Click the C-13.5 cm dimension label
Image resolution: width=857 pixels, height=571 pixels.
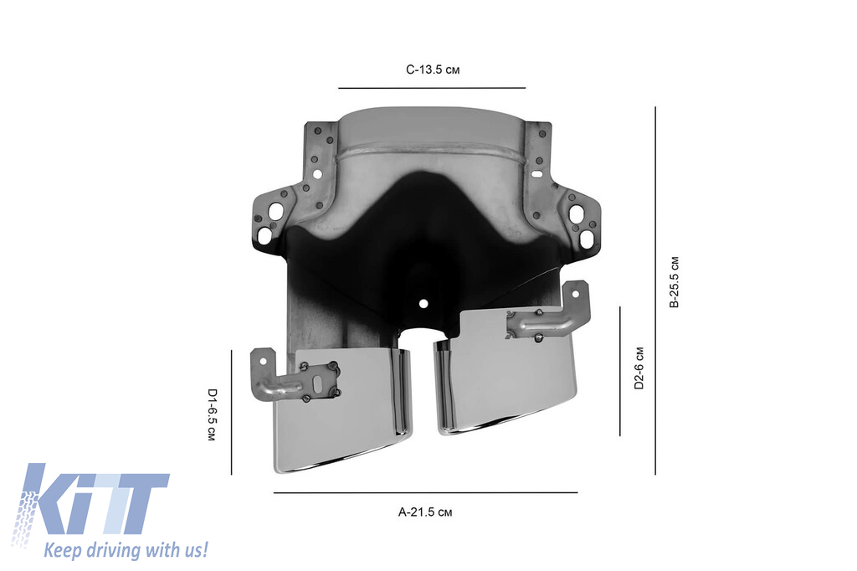pyautogui.click(x=433, y=69)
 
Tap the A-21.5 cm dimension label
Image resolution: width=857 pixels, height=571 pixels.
pyautogui.click(x=425, y=511)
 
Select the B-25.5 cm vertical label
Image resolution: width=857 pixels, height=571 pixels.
pyautogui.click(x=675, y=283)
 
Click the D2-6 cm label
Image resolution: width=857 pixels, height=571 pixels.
pyautogui.click(x=639, y=369)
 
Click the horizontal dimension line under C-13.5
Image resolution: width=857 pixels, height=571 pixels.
pyautogui.click(x=432, y=87)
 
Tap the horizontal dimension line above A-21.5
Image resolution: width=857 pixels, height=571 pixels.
pyautogui.click(x=425, y=493)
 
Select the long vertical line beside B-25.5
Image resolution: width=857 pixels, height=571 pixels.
pyautogui.click(x=655, y=289)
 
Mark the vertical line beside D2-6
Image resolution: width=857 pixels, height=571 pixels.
pyautogui.click(x=620, y=371)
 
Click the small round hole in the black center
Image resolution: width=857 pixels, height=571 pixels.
pyautogui.click(x=423, y=303)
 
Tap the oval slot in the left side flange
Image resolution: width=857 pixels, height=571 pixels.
pyautogui.click(x=264, y=236)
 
